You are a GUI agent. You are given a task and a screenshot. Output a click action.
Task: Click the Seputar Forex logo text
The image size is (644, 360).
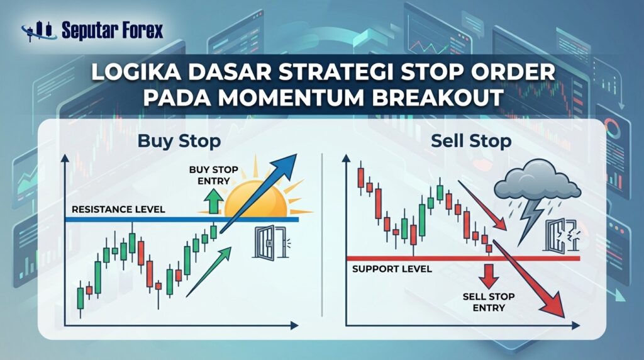tap(112, 30)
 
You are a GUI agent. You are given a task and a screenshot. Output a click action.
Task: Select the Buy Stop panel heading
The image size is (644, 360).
tap(179, 141)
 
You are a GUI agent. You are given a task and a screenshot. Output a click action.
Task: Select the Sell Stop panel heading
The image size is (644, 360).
tap(471, 142)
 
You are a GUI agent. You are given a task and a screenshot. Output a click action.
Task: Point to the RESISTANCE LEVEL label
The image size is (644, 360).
tap(118, 209)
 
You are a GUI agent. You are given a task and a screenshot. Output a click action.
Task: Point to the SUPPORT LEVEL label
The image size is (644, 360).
tap(392, 269)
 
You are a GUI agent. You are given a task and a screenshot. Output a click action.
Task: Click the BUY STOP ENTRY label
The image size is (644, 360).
tap(214, 175)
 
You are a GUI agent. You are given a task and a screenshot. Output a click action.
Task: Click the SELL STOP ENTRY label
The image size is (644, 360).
tap(489, 302)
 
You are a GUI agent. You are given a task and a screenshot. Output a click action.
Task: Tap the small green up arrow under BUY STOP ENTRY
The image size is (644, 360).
tap(214, 201)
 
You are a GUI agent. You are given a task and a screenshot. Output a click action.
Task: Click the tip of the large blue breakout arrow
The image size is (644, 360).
tap(296, 155)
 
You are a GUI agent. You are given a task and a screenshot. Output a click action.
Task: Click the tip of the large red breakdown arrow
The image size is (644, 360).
tap(563, 317)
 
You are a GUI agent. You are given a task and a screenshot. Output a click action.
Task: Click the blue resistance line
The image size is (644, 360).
tap(182, 220)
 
